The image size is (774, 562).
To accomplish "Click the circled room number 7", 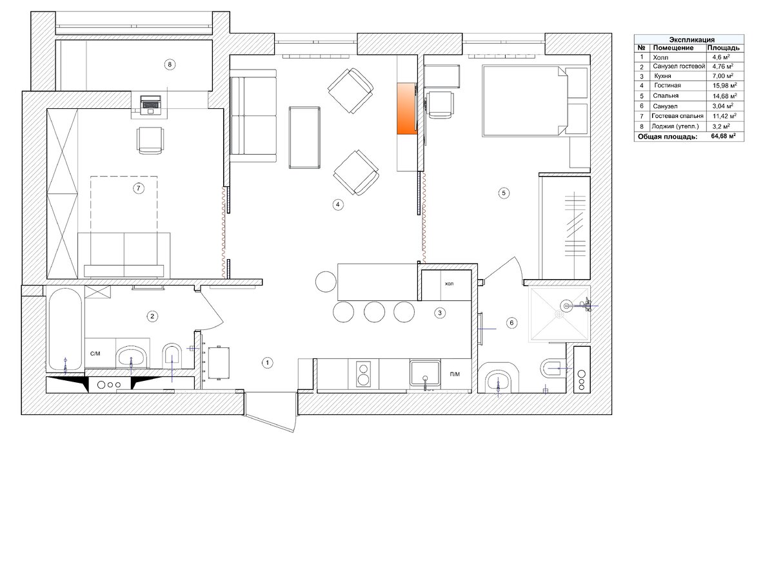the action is click(x=139, y=188).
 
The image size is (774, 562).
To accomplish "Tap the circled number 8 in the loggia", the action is click(x=170, y=64).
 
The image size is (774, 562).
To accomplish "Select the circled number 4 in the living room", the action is click(x=337, y=204).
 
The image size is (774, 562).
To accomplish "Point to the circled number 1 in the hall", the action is click(x=267, y=362).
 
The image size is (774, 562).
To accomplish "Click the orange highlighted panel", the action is click(x=407, y=108).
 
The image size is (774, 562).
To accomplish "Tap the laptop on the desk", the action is click(x=151, y=104).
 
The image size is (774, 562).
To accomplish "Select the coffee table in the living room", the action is click(x=304, y=137).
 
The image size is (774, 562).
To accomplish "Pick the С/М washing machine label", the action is click(x=95, y=353).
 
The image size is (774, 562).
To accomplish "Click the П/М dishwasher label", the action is click(x=455, y=374).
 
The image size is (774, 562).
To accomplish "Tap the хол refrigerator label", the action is click(x=449, y=284).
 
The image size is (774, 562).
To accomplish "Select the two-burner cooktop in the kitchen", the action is click(x=363, y=374).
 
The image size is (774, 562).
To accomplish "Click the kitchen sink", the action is click(x=425, y=373).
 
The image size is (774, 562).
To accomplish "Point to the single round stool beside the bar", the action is click(x=326, y=282).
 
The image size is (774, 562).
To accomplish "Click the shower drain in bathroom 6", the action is click(x=559, y=314).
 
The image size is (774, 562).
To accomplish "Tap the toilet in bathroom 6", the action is click(x=553, y=368).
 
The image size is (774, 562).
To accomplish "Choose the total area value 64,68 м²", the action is click(x=723, y=136).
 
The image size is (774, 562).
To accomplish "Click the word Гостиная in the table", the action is click(x=668, y=85).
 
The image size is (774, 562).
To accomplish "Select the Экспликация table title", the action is click(x=691, y=39).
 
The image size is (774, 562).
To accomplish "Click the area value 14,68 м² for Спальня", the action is click(x=724, y=96).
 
